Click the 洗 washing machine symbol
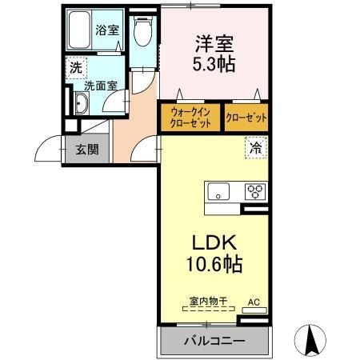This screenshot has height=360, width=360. click(74, 69)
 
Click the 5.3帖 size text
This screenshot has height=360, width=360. click(214, 66)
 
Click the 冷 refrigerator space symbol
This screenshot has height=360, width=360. click(254, 147)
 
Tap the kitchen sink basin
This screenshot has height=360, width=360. click(218, 191)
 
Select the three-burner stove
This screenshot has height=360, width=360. click(254, 191)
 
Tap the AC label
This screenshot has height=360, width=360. click(254, 302)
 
